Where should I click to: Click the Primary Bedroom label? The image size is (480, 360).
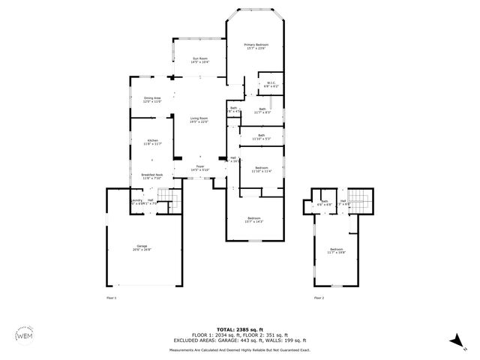(x=256, y=46)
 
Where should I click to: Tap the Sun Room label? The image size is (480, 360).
(x=200, y=60)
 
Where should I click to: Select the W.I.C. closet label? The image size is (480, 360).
(x=270, y=84)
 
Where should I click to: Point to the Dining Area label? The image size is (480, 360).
(x=152, y=100)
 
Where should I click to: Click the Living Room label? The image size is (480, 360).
(x=199, y=120)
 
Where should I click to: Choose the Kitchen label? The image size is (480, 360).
(x=152, y=142)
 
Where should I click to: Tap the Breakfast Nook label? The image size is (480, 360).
(x=152, y=176)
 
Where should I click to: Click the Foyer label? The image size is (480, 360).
(x=200, y=168)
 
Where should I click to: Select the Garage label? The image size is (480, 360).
(x=141, y=248)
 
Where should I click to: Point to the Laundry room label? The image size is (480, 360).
(x=137, y=201)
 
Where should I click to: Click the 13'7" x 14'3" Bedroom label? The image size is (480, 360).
(x=256, y=219)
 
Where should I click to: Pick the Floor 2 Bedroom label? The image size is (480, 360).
(x=337, y=250)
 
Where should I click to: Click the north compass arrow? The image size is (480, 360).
(x=455, y=342)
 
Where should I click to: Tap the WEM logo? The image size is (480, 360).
(x=25, y=335)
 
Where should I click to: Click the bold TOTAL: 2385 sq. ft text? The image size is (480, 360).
(x=240, y=329)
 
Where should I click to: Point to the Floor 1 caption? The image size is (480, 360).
(x=111, y=297)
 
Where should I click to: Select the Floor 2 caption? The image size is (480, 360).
(x=319, y=297)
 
